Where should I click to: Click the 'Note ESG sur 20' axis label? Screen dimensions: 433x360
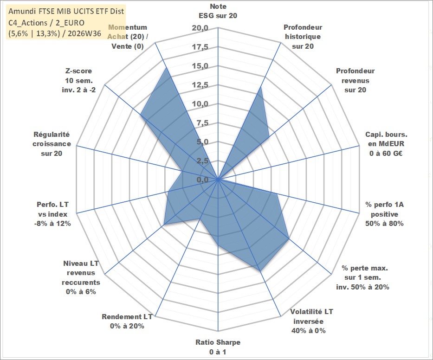(x=218, y=11)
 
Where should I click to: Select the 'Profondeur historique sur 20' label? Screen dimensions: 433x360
(x=303, y=37)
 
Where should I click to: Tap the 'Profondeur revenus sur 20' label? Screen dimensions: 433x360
(x=355, y=80)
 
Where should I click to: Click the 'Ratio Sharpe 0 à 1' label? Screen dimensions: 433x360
(x=218, y=347)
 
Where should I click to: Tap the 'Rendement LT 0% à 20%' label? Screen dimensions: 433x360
(x=127, y=321)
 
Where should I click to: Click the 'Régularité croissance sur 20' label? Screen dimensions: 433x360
(x=52, y=144)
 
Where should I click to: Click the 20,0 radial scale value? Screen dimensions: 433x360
(x=200, y=28)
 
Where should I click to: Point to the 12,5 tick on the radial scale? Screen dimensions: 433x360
(x=200, y=85)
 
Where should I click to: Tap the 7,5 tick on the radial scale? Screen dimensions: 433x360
(x=202, y=123)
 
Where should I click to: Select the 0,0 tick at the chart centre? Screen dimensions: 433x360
(x=202, y=180)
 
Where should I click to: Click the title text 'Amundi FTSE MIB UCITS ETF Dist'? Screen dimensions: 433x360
(x=66, y=11)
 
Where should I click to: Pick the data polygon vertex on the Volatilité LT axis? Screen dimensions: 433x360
(x=260, y=271)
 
